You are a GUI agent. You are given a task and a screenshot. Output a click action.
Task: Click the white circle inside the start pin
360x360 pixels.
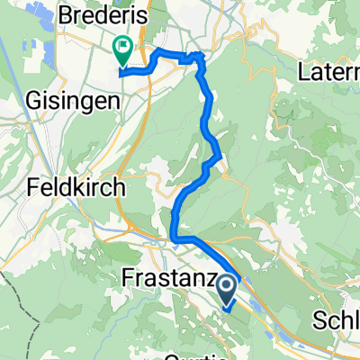click(226, 287)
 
